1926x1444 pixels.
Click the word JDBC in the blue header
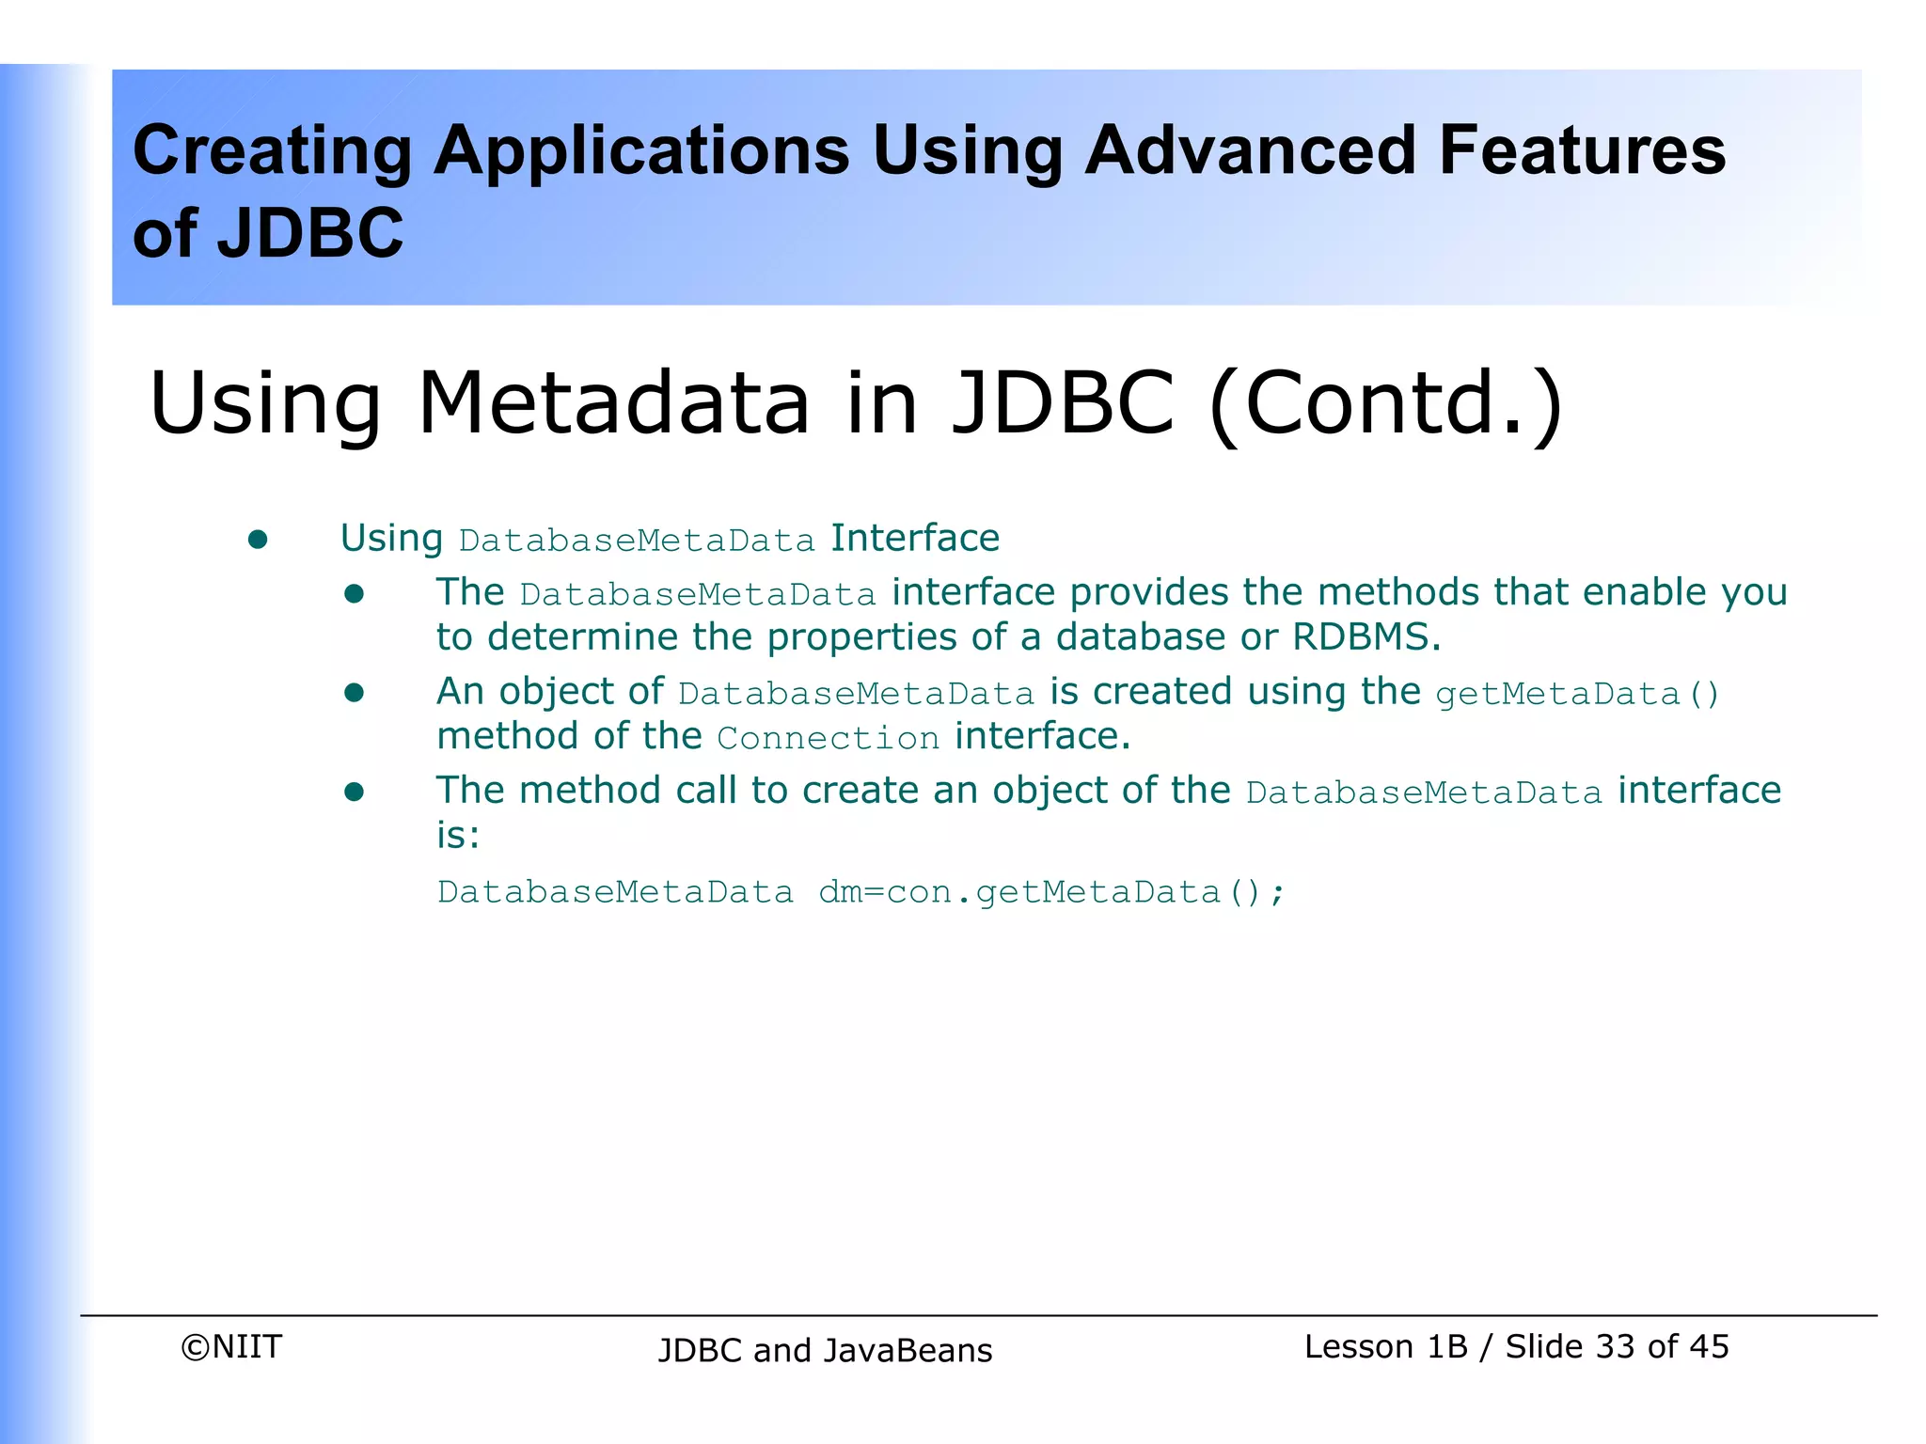point(309,233)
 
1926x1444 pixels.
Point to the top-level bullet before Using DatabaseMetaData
point(258,540)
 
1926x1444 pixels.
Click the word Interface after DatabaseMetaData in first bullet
point(914,539)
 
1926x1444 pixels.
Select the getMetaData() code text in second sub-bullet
point(1577,694)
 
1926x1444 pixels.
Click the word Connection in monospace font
point(828,738)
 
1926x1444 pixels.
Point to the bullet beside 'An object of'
point(354,693)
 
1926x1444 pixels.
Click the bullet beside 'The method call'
point(354,792)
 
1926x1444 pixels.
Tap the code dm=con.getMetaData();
point(1050,891)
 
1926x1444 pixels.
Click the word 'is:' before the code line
point(458,835)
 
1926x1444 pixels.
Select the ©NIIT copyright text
point(231,1346)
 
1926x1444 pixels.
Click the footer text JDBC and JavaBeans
point(825,1350)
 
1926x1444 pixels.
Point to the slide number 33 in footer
point(1616,1346)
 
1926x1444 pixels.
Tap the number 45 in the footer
point(1709,1346)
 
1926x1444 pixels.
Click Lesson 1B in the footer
point(1385,1346)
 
